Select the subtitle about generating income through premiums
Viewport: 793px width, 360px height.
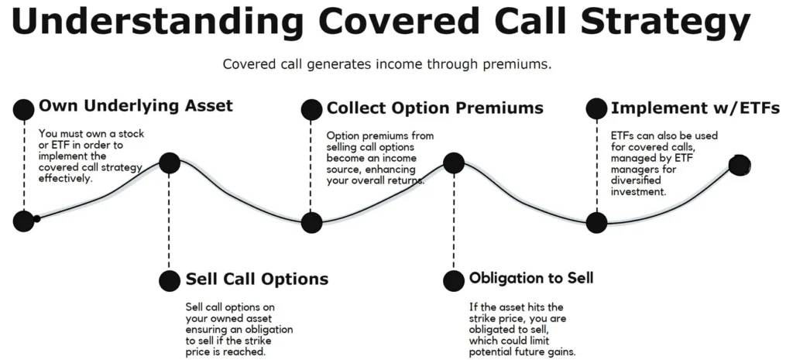pos(387,65)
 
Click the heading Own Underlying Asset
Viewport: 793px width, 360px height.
pos(136,105)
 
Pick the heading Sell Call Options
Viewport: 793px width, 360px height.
pos(257,279)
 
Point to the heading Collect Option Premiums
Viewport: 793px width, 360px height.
pos(435,108)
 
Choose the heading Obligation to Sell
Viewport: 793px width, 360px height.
pos(531,278)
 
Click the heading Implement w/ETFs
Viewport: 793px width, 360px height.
pos(695,108)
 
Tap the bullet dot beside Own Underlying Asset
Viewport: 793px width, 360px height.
pos(24,110)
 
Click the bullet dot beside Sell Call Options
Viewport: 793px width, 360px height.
pos(170,280)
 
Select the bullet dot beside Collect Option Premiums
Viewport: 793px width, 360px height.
pos(311,110)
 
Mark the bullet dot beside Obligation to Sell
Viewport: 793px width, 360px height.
pos(454,280)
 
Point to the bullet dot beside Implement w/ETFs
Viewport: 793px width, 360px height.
pos(596,108)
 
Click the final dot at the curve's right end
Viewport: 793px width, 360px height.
pos(740,165)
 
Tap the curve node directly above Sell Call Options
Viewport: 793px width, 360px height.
pos(170,163)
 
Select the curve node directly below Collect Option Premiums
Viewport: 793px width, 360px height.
pos(311,222)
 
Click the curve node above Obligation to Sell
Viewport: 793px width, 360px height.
pos(454,163)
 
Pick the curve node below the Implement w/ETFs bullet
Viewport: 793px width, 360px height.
pos(596,222)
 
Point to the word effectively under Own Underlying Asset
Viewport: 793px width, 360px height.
pos(66,179)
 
